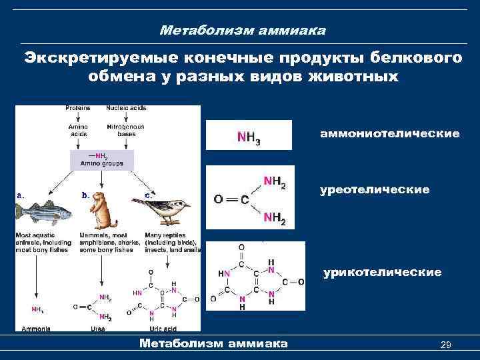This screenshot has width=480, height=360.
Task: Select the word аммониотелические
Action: [390, 134]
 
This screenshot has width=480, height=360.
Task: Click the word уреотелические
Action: [374, 190]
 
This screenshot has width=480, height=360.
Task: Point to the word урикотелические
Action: [382, 272]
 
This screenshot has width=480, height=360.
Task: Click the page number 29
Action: [447, 344]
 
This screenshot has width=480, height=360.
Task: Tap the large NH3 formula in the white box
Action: [249, 137]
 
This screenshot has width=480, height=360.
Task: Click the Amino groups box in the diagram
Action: [101, 160]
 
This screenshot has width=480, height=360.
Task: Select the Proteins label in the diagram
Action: [78, 108]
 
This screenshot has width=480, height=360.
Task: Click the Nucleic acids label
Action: [126, 108]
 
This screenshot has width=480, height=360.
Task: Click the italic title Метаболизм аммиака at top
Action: [243, 31]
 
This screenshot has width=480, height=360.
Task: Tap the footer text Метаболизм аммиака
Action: [213, 343]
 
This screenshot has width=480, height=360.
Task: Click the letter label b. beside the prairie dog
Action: [85, 195]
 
